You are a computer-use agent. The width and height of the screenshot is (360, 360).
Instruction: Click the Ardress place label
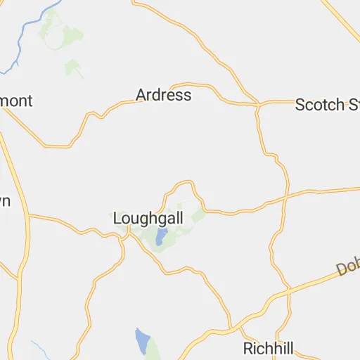tap(163, 95)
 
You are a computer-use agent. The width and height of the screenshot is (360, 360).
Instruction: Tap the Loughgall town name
tap(148, 219)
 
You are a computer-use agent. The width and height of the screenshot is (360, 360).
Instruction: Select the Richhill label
tap(268, 348)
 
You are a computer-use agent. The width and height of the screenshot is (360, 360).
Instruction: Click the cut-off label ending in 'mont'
tap(15, 101)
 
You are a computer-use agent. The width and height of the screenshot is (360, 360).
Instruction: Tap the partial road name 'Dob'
tap(348, 267)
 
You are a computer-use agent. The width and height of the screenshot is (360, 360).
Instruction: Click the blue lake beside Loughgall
tap(161, 236)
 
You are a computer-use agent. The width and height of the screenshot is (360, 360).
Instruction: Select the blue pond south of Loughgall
tap(143, 341)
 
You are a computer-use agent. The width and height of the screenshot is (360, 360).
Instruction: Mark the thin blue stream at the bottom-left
tap(39, 347)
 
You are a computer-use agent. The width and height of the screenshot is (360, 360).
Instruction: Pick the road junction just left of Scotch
tap(258, 106)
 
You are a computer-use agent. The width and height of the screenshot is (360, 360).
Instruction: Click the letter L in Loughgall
tap(117, 219)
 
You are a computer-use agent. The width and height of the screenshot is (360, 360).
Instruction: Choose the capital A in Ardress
tap(141, 95)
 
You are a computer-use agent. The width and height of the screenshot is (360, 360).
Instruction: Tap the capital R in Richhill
tap(248, 348)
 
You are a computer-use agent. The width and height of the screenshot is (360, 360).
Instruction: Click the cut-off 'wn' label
tap(4, 202)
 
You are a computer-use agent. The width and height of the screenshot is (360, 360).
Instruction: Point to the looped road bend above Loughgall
tap(184, 184)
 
